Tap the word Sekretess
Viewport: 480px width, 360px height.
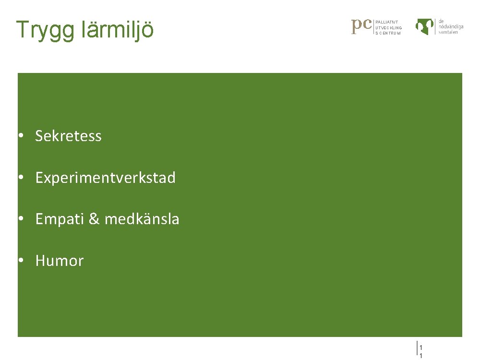(x=68, y=136)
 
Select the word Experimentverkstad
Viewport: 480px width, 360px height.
(x=106, y=178)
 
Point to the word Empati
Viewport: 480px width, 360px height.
(x=60, y=219)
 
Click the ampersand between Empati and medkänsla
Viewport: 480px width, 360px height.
(x=94, y=219)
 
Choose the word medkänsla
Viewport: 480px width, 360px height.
(x=142, y=219)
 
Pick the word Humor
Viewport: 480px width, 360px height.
(x=60, y=261)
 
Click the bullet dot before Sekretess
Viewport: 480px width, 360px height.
(x=22, y=136)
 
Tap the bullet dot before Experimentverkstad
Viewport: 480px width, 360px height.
(x=22, y=178)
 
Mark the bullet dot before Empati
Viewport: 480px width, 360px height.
(x=22, y=219)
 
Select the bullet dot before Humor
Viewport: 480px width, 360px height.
(x=22, y=261)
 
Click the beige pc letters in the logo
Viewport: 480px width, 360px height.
(x=362, y=26)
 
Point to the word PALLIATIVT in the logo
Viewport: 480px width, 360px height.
(x=387, y=22)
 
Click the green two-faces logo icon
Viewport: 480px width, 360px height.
(x=425, y=26)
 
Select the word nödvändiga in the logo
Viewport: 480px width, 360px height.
(x=451, y=27)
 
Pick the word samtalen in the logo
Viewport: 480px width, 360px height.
(x=448, y=32)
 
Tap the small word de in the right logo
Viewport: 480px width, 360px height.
(x=441, y=21)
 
